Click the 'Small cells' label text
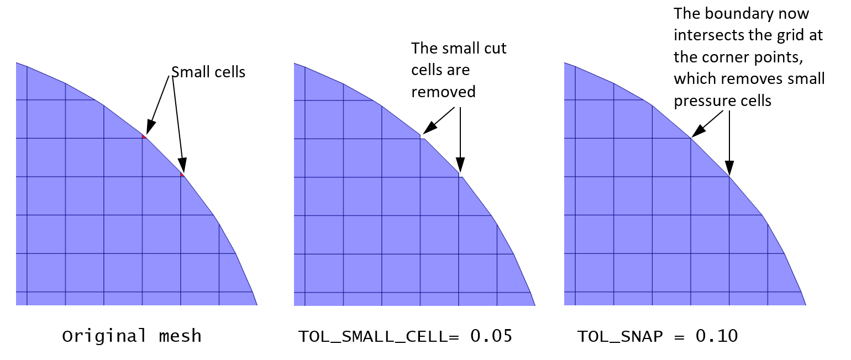tap(208, 72)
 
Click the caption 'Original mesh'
tap(132, 336)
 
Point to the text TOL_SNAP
tap(620, 336)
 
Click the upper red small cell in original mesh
tap(144, 136)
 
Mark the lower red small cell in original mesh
tap(182, 174)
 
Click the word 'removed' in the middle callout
tap(443, 92)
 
